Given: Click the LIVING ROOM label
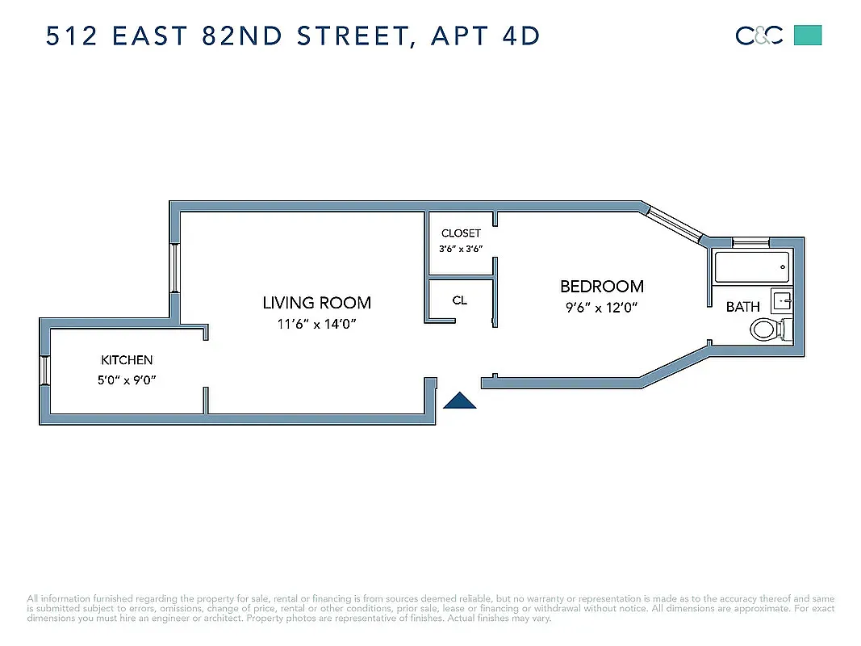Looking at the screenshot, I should pyautogui.click(x=316, y=303).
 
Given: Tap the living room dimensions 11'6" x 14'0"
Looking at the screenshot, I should pyautogui.click(x=316, y=324).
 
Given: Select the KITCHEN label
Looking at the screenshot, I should pyautogui.click(x=127, y=360).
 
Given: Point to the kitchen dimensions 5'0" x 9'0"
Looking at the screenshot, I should pyautogui.click(x=127, y=379).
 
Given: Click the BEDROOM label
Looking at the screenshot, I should pyautogui.click(x=602, y=287).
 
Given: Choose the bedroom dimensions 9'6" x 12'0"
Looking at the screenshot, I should pyautogui.click(x=602, y=307).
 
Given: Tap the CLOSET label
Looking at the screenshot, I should pyautogui.click(x=461, y=233).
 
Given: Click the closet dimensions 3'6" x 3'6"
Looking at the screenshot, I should pyautogui.click(x=461, y=249).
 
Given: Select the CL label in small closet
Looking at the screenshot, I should pyautogui.click(x=459, y=300).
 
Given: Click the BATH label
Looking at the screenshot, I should pyautogui.click(x=742, y=307).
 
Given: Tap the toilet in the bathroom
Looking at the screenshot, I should pyautogui.click(x=767, y=329).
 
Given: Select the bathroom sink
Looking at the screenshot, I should pyautogui.click(x=781, y=300).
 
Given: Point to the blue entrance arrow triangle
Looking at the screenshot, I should pyautogui.click(x=460, y=401).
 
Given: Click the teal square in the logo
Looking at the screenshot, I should pyautogui.click(x=808, y=36).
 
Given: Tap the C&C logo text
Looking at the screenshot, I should pyautogui.click(x=759, y=36).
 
